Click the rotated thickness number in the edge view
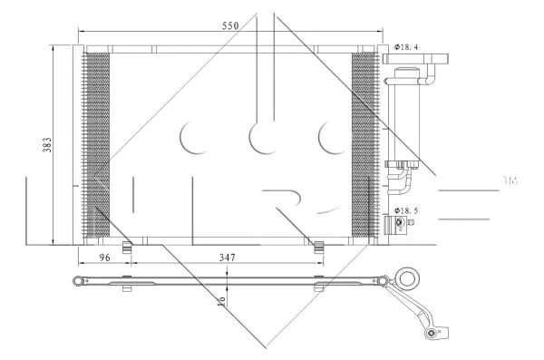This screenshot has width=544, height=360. coord(219,297)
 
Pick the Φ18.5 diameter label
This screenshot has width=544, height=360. coord(406,210)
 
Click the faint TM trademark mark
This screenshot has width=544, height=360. coord(510,181)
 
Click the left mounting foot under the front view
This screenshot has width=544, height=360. coord(129,244)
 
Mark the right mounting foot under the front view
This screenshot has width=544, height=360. coord(318,244)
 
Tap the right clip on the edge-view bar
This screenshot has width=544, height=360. coord(318,287)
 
